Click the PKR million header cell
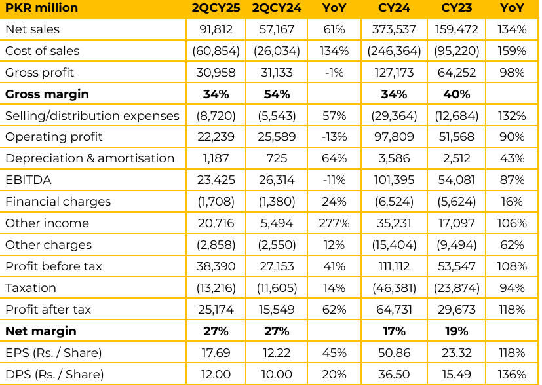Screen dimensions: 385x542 41,8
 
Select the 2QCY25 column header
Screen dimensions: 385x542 216,8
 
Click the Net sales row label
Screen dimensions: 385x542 32,29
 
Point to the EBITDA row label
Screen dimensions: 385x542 28,180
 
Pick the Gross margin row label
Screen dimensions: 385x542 47,94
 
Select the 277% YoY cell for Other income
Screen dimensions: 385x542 334,223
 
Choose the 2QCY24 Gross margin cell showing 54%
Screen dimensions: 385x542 276,94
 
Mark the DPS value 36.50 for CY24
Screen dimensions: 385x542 395,375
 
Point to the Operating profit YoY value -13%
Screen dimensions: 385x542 334,137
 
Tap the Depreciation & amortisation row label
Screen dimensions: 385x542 90,158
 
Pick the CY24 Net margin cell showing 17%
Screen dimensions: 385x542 395,331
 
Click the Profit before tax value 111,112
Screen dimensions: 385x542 395,266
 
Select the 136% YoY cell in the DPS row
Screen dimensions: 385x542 511,375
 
